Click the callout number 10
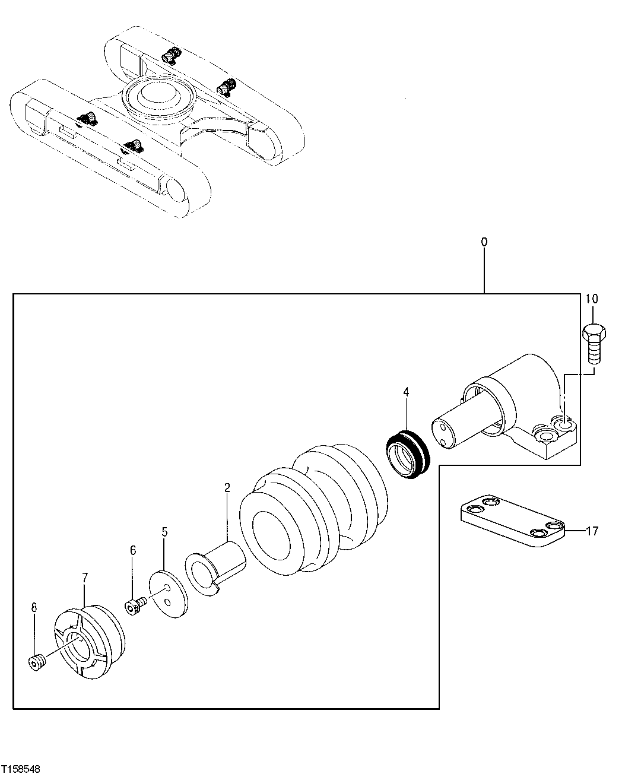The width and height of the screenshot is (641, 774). coord(592,298)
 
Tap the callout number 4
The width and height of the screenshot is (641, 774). coord(406,392)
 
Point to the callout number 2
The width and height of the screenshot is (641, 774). coord(227,488)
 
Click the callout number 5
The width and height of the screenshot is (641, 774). coord(164,532)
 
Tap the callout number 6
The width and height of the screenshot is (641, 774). coord(133,551)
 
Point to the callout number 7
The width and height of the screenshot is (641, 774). coord(85,576)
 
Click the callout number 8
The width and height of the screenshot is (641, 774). coord(34,607)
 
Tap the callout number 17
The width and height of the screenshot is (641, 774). coord(592,531)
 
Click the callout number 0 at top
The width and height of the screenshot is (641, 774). coord(484,242)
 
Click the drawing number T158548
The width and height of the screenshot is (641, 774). coord(21,768)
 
